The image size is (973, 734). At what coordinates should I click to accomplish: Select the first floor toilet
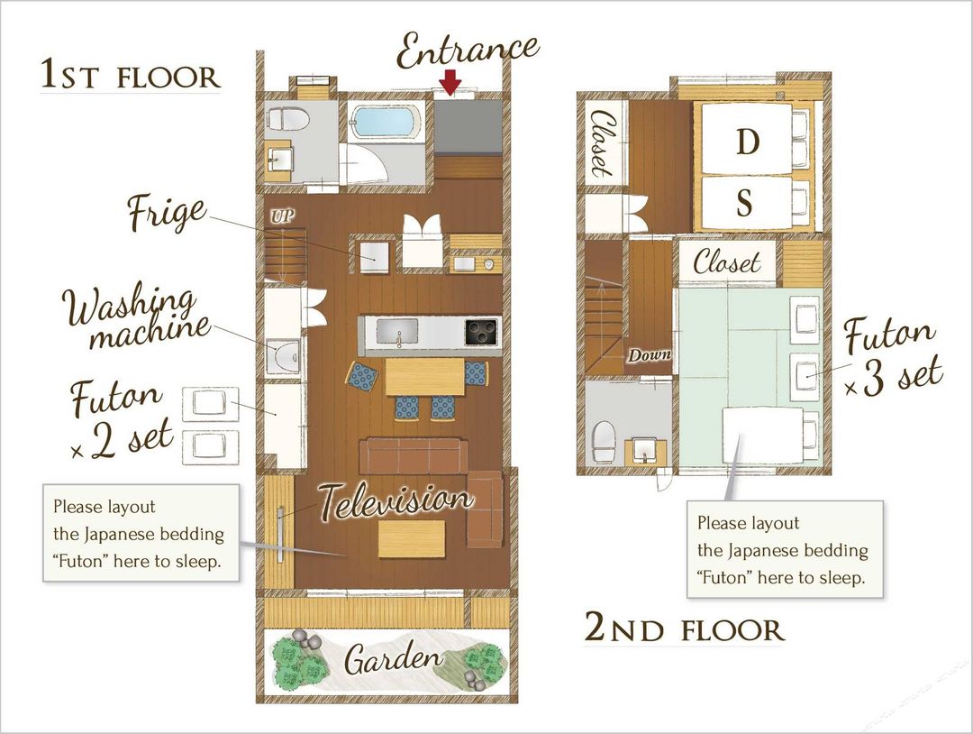(287, 118)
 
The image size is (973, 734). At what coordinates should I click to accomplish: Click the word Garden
(394, 659)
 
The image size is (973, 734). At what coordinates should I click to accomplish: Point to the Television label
(396, 501)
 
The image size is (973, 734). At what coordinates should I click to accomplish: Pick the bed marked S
(747, 204)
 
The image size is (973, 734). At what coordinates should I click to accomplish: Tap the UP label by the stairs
(282, 216)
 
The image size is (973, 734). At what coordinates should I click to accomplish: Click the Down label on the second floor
(649, 355)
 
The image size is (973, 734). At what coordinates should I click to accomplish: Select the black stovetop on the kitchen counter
(481, 332)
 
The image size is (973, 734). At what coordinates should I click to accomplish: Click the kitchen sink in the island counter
(398, 332)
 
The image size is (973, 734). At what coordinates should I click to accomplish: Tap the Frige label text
(167, 213)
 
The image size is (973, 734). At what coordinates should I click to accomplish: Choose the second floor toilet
(603, 442)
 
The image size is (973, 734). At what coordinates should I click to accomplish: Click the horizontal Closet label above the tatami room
(726, 262)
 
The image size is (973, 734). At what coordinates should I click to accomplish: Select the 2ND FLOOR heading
(685, 628)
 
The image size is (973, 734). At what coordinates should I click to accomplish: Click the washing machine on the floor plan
(283, 357)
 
